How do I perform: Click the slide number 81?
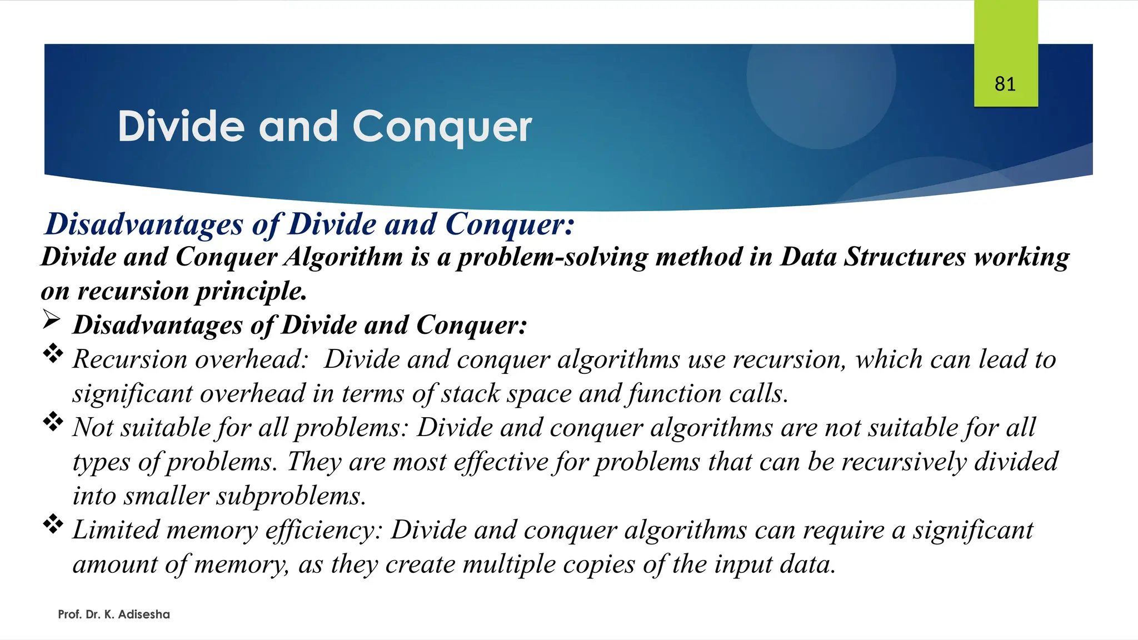tap(1005, 84)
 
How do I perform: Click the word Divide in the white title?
tap(181, 127)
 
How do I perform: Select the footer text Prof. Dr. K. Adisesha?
tap(114, 614)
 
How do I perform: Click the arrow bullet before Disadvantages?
tap(51, 321)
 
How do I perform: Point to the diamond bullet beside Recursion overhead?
tap(53, 354)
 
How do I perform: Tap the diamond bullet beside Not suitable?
tap(53, 422)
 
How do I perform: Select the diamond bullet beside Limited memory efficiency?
tap(53, 524)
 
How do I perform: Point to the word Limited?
tap(116, 530)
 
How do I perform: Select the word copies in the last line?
tap(603, 564)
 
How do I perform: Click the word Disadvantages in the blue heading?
tap(144, 224)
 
